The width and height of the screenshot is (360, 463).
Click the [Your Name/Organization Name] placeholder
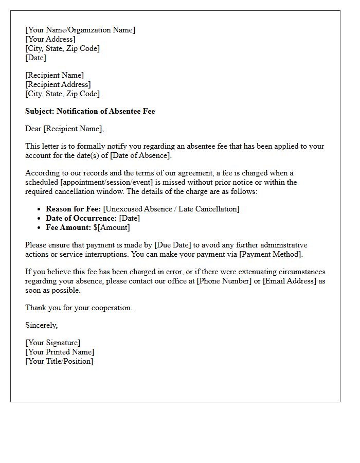[x=80, y=30]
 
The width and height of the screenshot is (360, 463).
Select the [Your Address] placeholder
[x=50, y=39]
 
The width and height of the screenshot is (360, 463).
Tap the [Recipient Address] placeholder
[x=58, y=84]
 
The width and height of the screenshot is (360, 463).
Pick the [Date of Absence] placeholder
[x=140, y=155]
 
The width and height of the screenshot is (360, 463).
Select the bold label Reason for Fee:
[x=74, y=209]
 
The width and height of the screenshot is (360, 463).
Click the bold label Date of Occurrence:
[x=81, y=218]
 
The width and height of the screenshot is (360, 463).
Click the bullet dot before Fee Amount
[x=40, y=227]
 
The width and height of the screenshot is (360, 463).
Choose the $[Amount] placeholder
[x=112, y=227]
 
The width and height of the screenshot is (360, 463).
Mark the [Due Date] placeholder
[x=173, y=245]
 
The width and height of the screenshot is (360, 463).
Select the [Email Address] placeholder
[x=289, y=281]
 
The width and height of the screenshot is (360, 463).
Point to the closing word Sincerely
[x=41, y=325]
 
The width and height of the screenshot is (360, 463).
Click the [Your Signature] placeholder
[x=53, y=343]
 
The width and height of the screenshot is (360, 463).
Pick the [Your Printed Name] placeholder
[x=60, y=352]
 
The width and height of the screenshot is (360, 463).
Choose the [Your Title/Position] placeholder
[x=59, y=361]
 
